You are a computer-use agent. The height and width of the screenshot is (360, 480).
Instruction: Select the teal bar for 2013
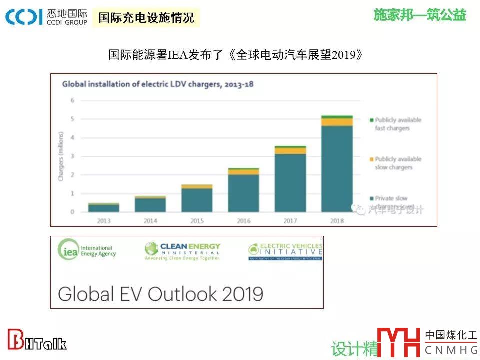104,208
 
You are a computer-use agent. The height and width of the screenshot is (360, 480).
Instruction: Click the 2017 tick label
290,220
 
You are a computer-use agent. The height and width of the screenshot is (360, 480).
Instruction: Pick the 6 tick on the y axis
72,100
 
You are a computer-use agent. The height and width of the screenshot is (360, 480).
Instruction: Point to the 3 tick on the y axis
72,156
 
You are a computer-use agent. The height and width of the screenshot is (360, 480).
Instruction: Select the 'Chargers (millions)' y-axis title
61,156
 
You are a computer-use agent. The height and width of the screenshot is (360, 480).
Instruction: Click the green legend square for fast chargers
371,120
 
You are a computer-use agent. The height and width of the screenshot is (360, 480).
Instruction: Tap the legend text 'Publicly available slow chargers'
398,163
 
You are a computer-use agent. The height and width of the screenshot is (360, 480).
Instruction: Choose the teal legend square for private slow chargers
371,199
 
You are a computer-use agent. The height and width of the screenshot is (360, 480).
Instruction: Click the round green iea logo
68,250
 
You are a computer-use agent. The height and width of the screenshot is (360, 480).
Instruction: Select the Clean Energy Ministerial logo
182,251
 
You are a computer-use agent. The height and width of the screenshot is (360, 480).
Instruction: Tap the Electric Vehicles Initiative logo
285,251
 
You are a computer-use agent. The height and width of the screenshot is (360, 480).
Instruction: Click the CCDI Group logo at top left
46,17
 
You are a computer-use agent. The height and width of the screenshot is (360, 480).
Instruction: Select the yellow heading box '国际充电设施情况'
146,18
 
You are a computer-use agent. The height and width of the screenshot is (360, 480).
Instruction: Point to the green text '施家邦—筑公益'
420,15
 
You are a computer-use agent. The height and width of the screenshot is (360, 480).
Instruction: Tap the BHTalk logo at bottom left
37,341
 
